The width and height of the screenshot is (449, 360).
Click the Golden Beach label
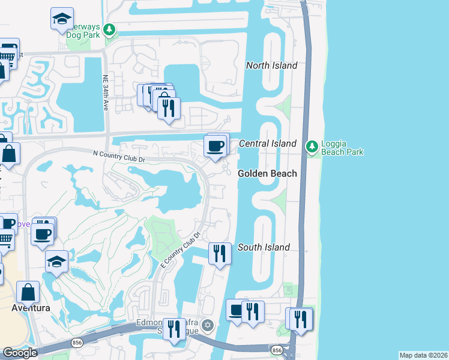267,173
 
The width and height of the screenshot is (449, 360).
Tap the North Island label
272,65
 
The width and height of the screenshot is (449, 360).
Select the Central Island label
268,143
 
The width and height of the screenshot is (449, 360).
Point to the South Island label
264,247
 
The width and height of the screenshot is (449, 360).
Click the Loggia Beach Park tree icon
312,146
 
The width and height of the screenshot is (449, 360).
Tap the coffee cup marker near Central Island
215,145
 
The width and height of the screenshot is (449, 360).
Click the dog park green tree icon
109,29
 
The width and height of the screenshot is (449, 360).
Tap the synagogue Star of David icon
208,325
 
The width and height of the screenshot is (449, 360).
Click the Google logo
20,353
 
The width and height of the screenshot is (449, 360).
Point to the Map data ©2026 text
423,355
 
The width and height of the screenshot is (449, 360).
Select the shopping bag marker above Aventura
28,293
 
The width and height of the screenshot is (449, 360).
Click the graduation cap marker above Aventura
56,261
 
